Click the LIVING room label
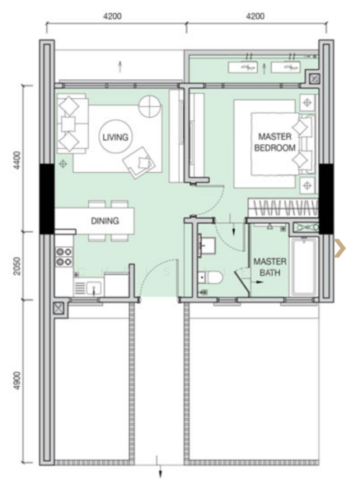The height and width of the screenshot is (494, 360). pyautogui.click(x=115, y=137)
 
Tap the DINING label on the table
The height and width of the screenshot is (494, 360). pyautogui.click(x=105, y=221)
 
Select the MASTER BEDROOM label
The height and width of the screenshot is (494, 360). pyautogui.click(x=274, y=142)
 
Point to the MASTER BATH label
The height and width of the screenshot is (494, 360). pyautogui.click(x=270, y=267)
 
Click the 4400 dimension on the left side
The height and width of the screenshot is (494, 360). pyautogui.click(x=17, y=160)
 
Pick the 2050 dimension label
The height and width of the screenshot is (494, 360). pyautogui.click(x=17, y=266)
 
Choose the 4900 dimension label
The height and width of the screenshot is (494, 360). pyautogui.click(x=17, y=380)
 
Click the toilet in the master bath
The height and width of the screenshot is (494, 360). pyautogui.click(x=211, y=277)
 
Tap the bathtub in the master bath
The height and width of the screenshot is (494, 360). pyautogui.click(x=303, y=267)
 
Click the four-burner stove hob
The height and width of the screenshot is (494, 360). pyautogui.click(x=64, y=257)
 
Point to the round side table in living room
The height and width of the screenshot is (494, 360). pyautogui.click(x=150, y=106)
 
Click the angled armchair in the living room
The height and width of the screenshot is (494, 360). pyautogui.click(x=139, y=161)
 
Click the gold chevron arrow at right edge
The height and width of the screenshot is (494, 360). pyautogui.click(x=340, y=248)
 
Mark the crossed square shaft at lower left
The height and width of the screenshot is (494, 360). pyautogui.click(x=59, y=308)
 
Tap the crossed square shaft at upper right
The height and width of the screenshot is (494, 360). pyautogui.click(x=314, y=78)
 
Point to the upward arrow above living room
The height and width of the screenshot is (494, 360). pyautogui.click(x=119, y=68)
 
